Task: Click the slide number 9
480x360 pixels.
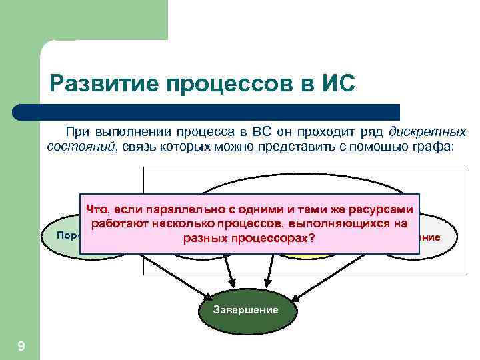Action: pos(21,345)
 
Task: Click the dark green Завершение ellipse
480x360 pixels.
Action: pos(245,311)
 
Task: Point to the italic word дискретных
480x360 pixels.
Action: pos(427,131)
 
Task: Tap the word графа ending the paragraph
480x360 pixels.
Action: pos(435,146)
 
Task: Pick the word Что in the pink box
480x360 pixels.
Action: pos(97,209)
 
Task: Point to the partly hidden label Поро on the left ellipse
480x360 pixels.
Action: pos(67,235)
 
